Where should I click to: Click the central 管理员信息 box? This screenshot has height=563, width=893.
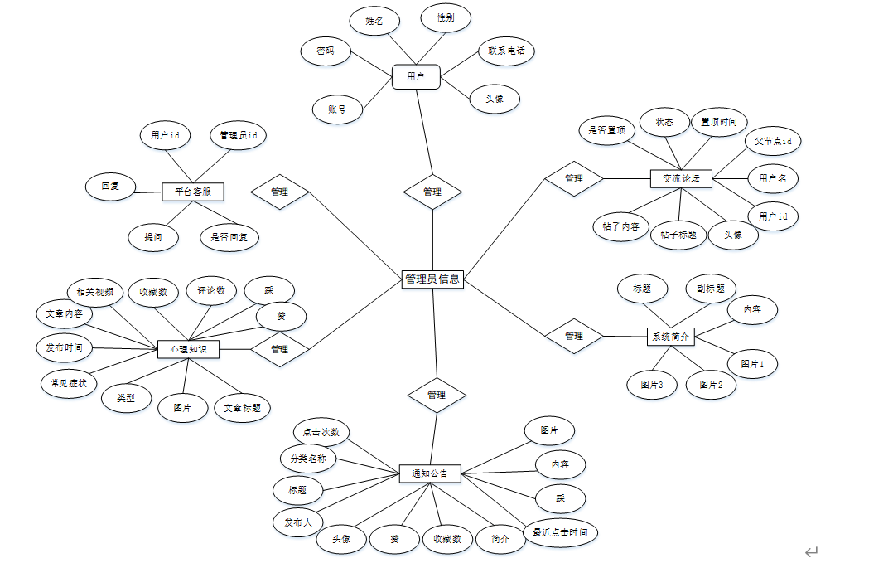[x=432, y=279]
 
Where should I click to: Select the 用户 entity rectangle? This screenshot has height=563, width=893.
[x=416, y=77]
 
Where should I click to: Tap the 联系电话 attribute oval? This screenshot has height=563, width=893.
[x=506, y=51]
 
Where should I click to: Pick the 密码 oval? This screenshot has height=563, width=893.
[x=326, y=51]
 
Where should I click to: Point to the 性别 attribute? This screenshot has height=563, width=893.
[x=445, y=17]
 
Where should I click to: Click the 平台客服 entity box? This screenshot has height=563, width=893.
[x=193, y=192]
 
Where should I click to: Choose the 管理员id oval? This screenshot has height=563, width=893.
[x=238, y=135]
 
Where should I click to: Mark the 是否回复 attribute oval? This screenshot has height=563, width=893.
[x=229, y=237]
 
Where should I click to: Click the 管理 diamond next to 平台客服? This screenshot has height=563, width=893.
[x=279, y=192]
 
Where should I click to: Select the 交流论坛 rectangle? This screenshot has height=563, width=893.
[x=681, y=177]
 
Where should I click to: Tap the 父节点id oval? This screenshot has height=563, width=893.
[x=772, y=141]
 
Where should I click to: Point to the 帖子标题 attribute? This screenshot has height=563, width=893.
[x=678, y=235]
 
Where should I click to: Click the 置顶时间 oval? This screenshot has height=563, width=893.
[x=718, y=122]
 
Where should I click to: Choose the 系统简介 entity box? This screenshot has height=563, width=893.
[x=669, y=337]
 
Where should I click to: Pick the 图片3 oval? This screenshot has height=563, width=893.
[x=652, y=385]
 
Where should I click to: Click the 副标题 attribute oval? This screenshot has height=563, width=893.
[x=711, y=289]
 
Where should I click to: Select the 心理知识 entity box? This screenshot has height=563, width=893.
[x=189, y=349]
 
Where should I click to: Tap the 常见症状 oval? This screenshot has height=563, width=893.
[x=69, y=383]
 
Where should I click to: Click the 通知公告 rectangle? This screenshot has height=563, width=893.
[x=429, y=473]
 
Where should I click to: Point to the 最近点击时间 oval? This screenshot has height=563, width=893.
[x=560, y=532]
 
